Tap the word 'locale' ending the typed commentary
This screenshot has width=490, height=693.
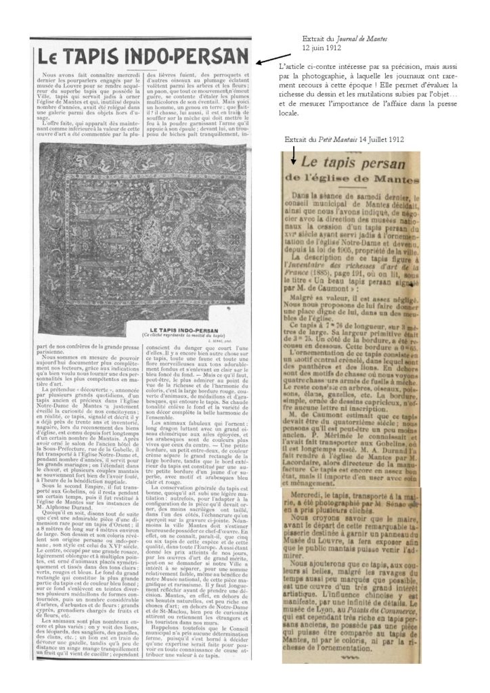coord(293,114)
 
